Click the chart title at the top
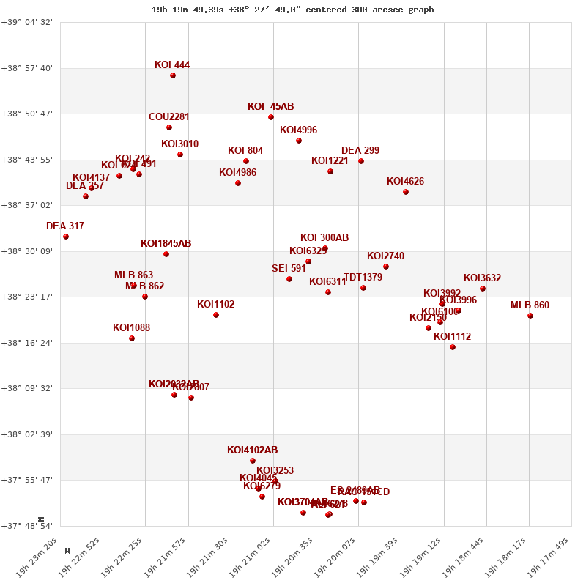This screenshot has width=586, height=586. pos(292,10)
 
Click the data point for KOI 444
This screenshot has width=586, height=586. pos(173,75)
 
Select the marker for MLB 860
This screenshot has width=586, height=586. pos(530,316)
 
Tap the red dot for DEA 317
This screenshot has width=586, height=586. pos(66,237)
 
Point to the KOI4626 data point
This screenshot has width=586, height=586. pos(406,192)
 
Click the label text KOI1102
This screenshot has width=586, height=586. pos(215,305)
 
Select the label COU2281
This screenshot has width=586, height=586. pos(169,117)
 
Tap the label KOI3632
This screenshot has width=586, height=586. pos(482,278)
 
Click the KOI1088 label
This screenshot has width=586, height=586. pos(131,328)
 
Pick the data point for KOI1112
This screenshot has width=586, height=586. pos(453,347)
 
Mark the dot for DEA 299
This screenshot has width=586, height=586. pos(361,161)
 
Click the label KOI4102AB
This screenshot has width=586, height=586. pos(252,450)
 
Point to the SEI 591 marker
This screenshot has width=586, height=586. pos(289,279)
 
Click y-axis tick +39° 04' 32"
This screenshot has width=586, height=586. pos(30,23)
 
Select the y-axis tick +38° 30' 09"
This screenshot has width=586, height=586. pos(30,251)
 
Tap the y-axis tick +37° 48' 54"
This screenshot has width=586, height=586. pos(30,526)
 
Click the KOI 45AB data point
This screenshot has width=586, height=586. pos(271,117)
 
